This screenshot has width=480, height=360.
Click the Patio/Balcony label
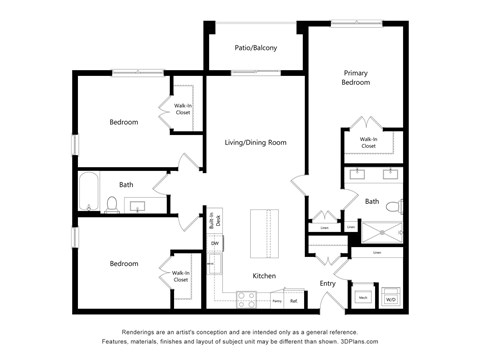255,48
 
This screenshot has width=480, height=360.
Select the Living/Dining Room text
255,143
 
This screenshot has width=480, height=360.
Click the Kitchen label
264,276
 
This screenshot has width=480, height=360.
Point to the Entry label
327,284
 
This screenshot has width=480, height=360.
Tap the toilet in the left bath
113,205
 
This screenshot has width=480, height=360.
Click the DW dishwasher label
214,243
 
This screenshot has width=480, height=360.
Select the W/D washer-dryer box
391,298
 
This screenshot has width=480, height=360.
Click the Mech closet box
362,298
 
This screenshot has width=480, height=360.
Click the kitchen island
263,235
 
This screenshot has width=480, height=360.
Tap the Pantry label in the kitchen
276,300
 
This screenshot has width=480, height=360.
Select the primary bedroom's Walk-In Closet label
368,143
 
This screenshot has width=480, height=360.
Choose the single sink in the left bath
138,207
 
